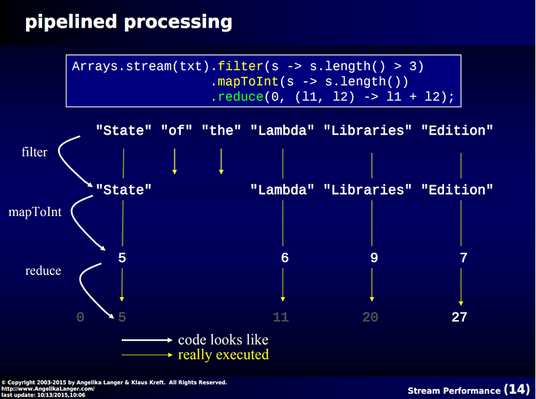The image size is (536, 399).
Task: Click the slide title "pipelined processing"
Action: point(129,21)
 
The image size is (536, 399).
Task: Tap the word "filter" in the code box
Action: point(240,66)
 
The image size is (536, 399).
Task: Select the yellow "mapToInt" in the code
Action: point(243,81)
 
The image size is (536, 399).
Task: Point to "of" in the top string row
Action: point(176,130)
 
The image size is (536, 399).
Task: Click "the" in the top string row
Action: point(221,130)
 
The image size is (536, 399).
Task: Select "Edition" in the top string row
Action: point(457,130)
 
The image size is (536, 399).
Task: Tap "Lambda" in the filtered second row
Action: point(283,189)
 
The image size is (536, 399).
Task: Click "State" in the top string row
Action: point(123,130)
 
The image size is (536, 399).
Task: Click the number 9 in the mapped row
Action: point(374,258)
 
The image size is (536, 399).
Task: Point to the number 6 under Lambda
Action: point(285,258)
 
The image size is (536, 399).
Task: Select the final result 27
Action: point(459,317)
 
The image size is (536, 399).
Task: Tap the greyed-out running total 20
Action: point(371,317)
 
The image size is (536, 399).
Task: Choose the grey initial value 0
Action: point(80,317)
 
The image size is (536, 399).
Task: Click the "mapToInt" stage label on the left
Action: point(35,211)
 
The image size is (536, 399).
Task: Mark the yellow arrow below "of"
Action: point(175,162)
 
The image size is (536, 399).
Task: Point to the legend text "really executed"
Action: point(223,355)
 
